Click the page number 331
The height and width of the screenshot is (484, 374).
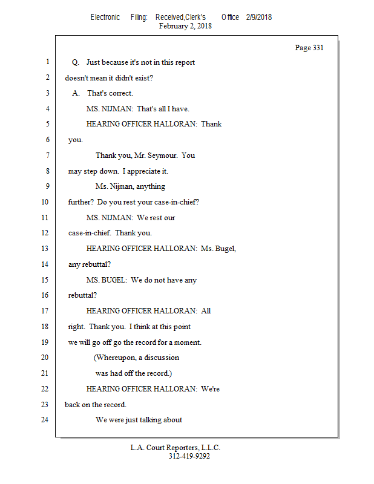click(x=318, y=48)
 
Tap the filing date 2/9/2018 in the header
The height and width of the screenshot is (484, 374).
click(x=259, y=18)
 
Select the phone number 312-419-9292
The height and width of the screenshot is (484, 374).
click(x=189, y=456)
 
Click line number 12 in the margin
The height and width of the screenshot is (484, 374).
click(x=45, y=233)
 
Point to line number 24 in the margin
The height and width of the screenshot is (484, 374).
click(x=45, y=420)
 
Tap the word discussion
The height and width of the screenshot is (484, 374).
click(x=162, y=358)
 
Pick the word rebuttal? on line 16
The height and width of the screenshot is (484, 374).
click(x=82, y=295)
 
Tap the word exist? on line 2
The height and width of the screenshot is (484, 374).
click(x=144, y=78)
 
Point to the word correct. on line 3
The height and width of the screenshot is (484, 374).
click(x=119, y=93)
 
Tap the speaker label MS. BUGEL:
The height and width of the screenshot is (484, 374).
click(x=107, y=280)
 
